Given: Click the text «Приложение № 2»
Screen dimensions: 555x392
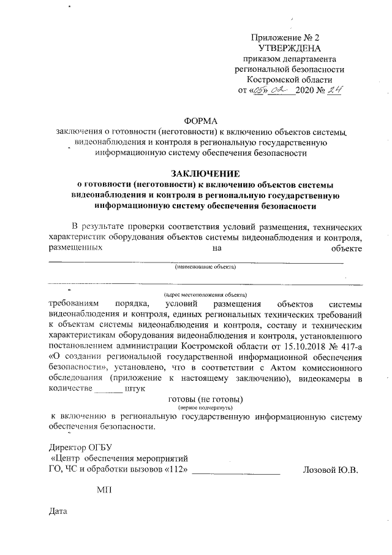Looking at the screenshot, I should [x=289, y=37].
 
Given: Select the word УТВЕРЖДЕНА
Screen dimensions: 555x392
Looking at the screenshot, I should [x=289, y=48].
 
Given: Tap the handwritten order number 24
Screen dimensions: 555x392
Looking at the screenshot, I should [x=335, y=91].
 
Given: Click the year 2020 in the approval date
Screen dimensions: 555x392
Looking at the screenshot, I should [x=304, y=91].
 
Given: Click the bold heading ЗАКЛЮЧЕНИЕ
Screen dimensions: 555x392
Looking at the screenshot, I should [x=205, y=174].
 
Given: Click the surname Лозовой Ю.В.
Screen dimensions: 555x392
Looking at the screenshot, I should [x=330, y=470].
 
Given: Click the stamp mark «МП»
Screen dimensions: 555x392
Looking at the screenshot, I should [x=104, y=490].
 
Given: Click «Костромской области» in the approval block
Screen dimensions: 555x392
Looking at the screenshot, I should [x=289, y=80].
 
